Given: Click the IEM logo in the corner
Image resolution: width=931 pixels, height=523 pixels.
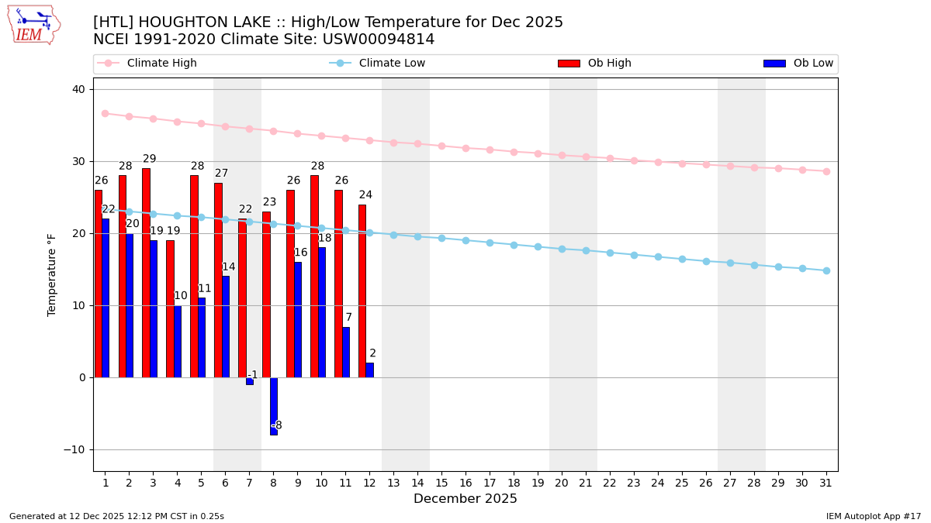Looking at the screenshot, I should coord(33,25).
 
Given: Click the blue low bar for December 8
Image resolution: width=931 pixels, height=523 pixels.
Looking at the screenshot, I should coord(274,406).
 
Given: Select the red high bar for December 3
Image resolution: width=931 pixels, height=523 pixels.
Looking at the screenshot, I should coord(146,273).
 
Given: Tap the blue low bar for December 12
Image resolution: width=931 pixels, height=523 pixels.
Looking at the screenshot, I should coord(370,370).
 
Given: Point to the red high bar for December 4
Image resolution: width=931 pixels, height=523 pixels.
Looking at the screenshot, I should coord(170,308).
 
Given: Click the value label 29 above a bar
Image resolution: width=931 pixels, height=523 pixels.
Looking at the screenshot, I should coord(150,159).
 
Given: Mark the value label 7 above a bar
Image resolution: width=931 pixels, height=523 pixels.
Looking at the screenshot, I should coord(349,318).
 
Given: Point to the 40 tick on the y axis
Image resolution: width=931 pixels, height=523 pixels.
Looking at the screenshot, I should coord(78,89).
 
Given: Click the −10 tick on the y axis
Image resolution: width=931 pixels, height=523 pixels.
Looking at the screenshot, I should coord(75,449).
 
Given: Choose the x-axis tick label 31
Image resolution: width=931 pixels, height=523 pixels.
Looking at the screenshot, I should coord(826,483).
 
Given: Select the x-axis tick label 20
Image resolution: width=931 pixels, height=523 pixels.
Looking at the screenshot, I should coord(562,483).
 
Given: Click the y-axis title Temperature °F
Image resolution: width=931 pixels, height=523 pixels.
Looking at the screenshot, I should coord(53,274).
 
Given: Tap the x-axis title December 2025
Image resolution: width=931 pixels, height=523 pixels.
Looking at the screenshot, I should coord(465,499).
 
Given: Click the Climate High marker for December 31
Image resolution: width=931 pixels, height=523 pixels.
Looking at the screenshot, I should coord(826,171).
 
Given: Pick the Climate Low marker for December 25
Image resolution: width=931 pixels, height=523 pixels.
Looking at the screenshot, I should coord(682,259).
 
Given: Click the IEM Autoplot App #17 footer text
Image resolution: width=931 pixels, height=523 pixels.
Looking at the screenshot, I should coord(874,516).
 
